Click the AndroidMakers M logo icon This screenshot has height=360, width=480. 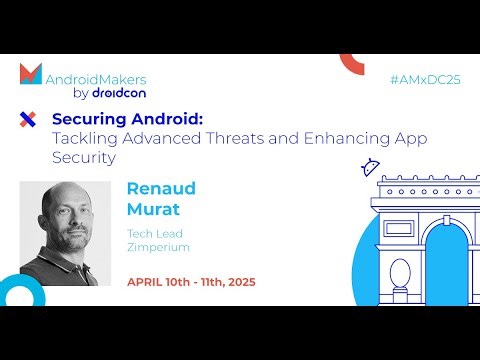click(31, 74)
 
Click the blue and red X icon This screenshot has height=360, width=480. click(28, 120)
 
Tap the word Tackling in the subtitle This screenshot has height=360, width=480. click(82, 139)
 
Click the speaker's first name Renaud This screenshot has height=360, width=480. click(159, 189)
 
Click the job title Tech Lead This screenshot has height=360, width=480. click(149, 233)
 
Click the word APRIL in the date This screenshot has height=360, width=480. click(146, 281)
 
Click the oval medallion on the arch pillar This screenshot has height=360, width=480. click(400, 272)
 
